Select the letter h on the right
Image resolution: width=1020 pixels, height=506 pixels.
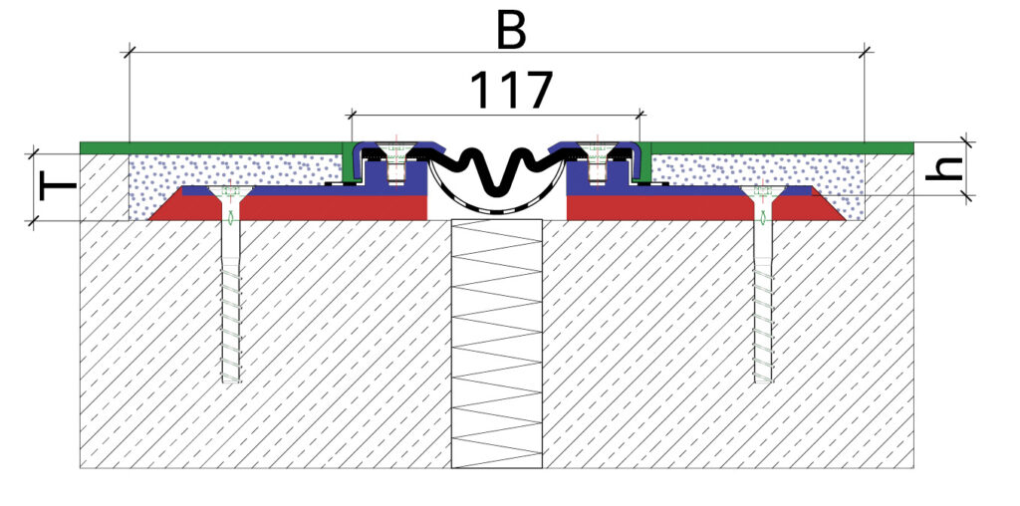click(949, 166)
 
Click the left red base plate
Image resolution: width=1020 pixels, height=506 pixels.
click(299, 206)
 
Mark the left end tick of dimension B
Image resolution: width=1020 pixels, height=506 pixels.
click(129, 52)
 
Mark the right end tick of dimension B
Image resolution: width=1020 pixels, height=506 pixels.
click(865, 52)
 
